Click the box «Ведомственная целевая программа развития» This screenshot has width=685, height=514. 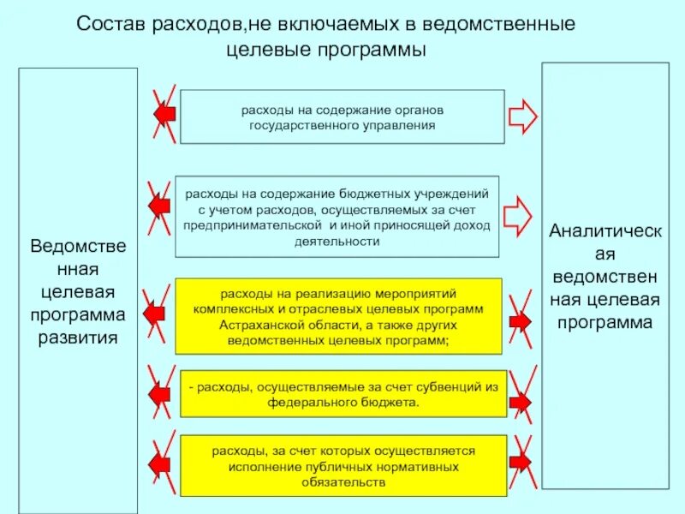[78, 290]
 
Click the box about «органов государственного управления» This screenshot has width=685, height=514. [342, 117]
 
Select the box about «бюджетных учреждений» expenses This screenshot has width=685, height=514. [337, 216]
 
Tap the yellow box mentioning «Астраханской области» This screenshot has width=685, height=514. [338, 316]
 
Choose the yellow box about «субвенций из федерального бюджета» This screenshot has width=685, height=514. [342, 394]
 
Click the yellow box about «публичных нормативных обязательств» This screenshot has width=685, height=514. [342, 466]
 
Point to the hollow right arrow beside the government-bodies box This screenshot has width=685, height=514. [521, 116]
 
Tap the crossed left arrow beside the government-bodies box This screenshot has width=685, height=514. [163, 113]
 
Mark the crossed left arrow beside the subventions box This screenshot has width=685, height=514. [160, 394]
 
